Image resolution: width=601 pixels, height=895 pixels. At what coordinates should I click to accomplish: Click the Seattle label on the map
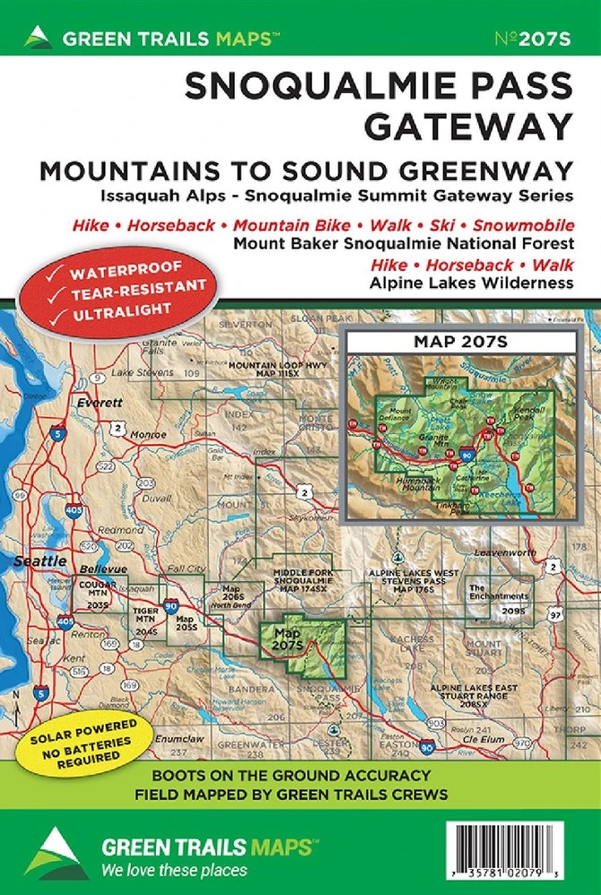(x=39, y=560)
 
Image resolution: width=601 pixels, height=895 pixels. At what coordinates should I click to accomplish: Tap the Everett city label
(x=99, y=403)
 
